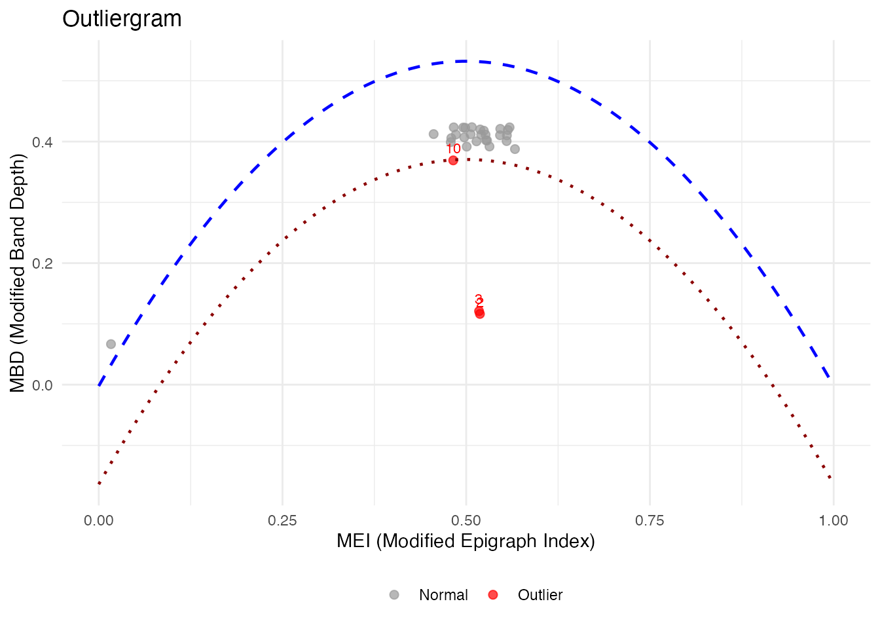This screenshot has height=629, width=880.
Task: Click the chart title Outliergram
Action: [122, 19]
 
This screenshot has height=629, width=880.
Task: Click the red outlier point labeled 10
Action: [453, 161]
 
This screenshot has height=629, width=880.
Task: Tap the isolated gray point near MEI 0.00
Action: [111, 344]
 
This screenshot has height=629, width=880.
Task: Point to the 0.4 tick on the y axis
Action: [44, 142]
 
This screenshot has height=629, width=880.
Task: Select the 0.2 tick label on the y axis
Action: [44, 263]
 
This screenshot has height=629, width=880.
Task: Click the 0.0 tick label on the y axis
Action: [44, 385]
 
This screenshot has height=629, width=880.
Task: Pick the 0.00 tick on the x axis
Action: [99, 521]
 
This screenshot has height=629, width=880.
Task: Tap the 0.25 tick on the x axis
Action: [282, 521]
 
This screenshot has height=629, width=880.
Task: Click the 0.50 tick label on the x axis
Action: [466, 521]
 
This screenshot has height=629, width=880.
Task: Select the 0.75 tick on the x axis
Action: [650, 521]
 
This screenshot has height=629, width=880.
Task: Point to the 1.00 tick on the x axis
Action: [833, 521]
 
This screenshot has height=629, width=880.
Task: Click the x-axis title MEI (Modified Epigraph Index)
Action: [466, 541]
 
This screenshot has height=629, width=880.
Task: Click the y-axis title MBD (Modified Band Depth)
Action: [18, 273]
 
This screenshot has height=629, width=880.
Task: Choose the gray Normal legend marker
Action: [394, 595]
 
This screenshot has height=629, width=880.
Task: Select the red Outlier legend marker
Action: [493, 595]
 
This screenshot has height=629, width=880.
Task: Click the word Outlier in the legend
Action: [540, 595]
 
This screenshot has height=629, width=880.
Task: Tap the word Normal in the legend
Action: [443, 595]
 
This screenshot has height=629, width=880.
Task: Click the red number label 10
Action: [453, 149]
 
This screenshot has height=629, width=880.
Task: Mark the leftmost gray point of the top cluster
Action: [433, 134]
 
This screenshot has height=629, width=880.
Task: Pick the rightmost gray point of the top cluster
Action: [515, 149]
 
